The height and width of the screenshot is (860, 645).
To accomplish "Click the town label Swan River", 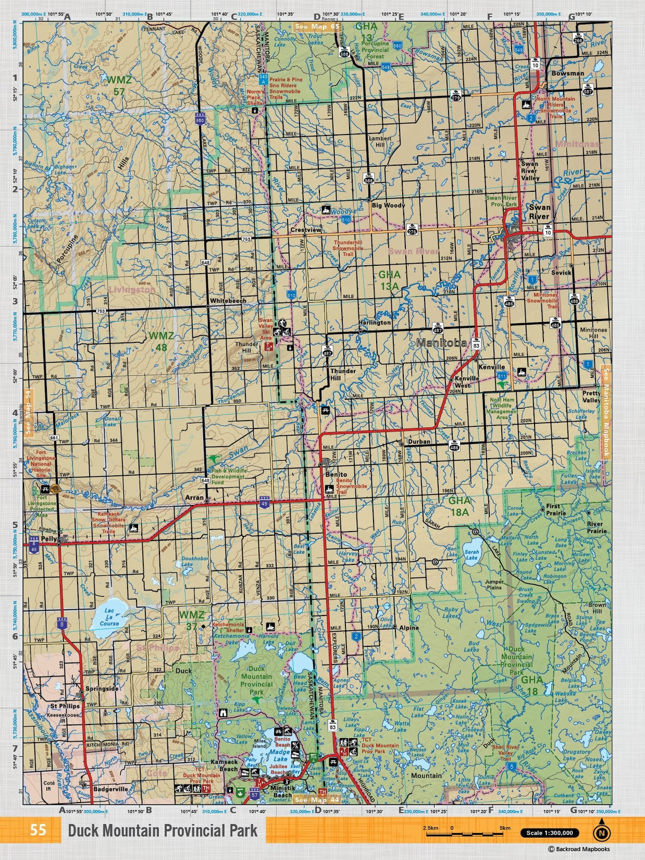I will point(539,212).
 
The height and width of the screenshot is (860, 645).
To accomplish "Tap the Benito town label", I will point(336,474).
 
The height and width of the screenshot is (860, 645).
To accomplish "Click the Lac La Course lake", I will point(109,617).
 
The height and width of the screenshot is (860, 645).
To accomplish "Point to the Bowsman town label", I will point(567,73).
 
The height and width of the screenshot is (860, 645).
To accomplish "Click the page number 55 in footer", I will point(38,830).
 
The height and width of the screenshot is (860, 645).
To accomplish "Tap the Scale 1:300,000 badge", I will point(549,833).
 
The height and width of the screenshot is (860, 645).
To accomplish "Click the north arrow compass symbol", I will point(601,832).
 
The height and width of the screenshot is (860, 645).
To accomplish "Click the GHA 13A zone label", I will point(389,280).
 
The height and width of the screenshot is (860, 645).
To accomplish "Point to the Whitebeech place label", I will point(228,301).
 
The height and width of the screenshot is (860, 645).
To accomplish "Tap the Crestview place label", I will point(305,230).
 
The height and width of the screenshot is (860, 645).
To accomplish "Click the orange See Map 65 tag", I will point(317,26).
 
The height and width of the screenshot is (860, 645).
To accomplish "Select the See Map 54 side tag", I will point(29,412).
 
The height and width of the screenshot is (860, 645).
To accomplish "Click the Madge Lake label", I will point(279,756).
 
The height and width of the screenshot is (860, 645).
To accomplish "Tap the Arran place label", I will point(194,498).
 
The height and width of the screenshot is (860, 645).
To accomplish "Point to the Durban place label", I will point(419,441).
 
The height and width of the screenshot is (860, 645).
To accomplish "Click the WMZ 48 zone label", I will point(161,341).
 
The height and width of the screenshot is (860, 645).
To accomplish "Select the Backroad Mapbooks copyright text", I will point(579,849).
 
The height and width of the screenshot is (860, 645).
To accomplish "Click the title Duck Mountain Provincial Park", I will point(163,831).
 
